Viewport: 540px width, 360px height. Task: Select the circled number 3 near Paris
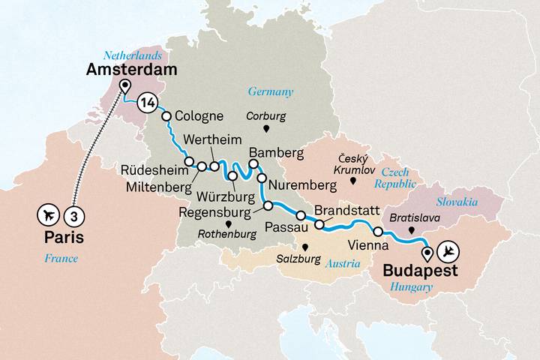(x=73, y=216)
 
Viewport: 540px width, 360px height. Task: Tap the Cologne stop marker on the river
(x=167, y=116)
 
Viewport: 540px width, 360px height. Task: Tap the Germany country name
(x=270, y=92)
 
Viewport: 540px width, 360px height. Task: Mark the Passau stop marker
(x=300, y=217)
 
